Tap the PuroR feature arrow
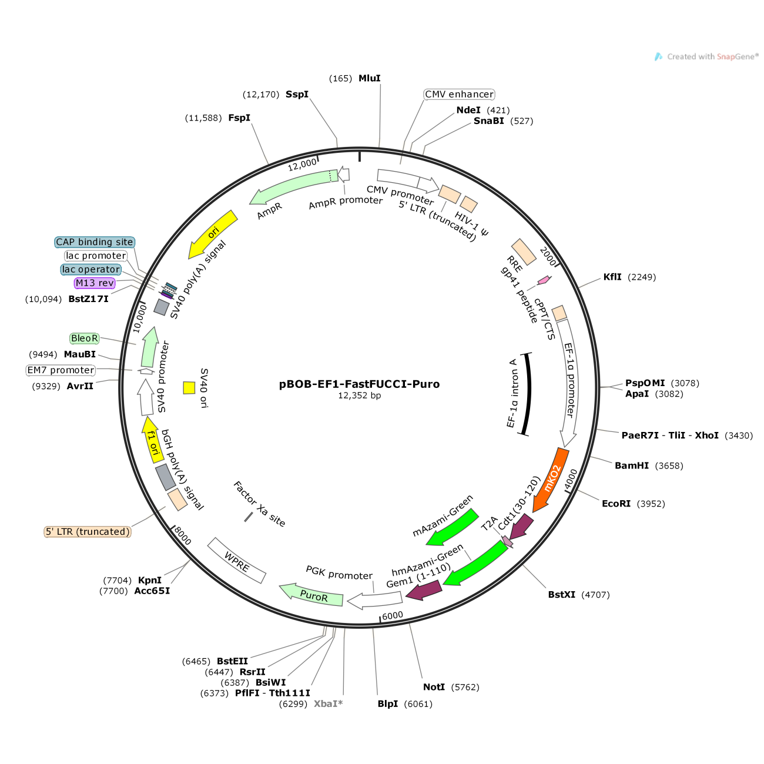(311, 595)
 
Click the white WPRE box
(237, 561)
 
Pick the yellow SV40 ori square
(189, 387)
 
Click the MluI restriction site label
(370, 78)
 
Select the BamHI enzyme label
(632, 465)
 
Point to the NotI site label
(434, 687)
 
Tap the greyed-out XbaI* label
(329, 703)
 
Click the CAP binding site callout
(95, 242)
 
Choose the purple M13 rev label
(95, 283)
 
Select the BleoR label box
(85, 338)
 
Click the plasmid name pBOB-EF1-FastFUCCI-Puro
(359, 384)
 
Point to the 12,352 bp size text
(359, 396)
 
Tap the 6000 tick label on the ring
(393, 615)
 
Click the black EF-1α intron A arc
(528, 394)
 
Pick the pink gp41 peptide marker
(544, 280)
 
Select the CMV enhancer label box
(459, 95)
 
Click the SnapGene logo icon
(659, 56)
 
